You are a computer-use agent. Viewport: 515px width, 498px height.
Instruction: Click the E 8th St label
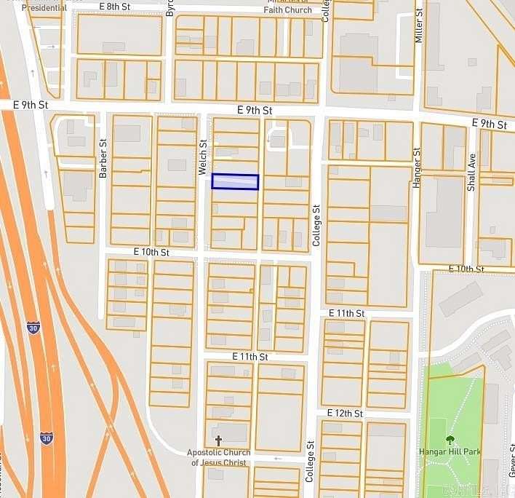click(116, 7)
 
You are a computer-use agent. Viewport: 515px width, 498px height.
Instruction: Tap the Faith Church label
click(287, 9)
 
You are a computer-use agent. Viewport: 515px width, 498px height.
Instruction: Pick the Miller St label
click(419, 25)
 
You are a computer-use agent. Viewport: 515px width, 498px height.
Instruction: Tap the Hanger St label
click(417, 169)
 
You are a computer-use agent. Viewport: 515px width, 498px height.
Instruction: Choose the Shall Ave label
click(471, 172)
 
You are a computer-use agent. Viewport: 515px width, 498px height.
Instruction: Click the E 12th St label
click(345, 413)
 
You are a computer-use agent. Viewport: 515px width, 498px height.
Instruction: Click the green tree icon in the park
click(450, 440)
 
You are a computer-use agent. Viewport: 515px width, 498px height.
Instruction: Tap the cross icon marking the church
click(218, 440)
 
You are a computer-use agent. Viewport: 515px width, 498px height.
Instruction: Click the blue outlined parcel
click(235, 182)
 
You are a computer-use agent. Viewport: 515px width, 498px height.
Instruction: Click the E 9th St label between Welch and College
click(255, 111)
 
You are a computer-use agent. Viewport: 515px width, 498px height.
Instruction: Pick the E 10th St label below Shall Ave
click(466, 269)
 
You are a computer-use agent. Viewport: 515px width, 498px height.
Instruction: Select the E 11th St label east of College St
click(346, 313)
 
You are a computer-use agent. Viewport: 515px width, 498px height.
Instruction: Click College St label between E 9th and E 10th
click(316, 226)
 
